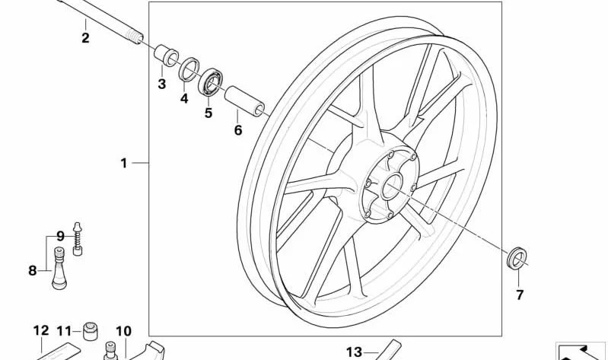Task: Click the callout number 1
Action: click(124, 164)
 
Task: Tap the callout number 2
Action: click(85, 37)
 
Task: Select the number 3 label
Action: click(161, 84)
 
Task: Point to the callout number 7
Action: click(520, 295)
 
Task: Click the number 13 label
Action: click(354, 352)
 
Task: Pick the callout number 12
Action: click(41, 330)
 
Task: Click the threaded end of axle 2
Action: click(135, 37)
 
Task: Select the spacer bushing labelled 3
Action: click(167, 56)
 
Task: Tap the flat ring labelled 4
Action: click(189, 69)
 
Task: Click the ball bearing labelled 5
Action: click(210, 82)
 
